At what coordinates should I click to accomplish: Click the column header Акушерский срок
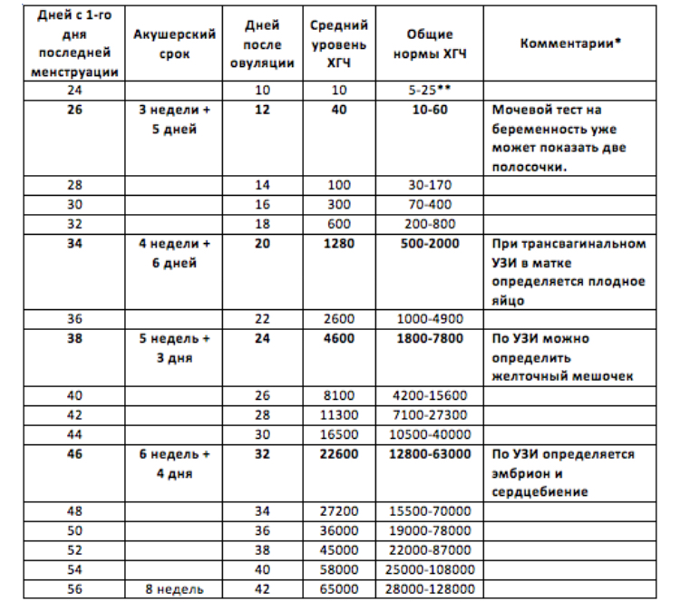click(x=173, y=44)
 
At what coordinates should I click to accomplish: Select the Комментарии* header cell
click(x=570, y=44)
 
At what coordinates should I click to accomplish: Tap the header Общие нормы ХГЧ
click(x=429, y=44)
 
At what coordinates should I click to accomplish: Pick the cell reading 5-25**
click(x=429, y=92)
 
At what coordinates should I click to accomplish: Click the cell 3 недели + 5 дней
click(x=173, y=119)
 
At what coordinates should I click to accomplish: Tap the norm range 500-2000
click(x=429, y=244)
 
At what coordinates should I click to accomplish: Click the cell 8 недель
click(x=173, y=588)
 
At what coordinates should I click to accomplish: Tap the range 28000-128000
click(x=429, y=588)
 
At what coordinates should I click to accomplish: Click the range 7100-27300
click(x=429, y=415)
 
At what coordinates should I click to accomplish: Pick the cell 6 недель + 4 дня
click(x=173, y=462)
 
